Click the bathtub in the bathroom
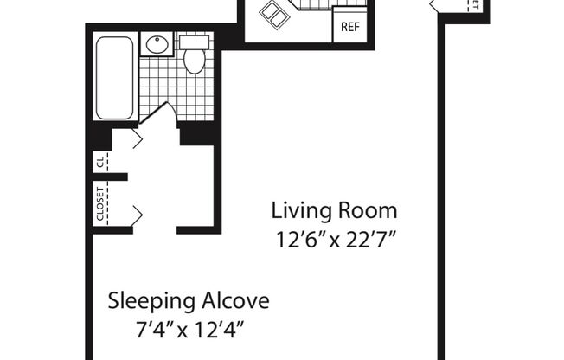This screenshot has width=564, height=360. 114,78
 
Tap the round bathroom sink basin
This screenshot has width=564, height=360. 157,45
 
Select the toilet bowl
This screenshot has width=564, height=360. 195,61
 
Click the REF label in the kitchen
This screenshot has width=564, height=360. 349,27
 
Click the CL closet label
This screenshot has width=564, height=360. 100,161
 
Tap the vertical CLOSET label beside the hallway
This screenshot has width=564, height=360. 100,205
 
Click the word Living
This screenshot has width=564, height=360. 297,210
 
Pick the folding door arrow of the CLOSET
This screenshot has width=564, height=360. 136,211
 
